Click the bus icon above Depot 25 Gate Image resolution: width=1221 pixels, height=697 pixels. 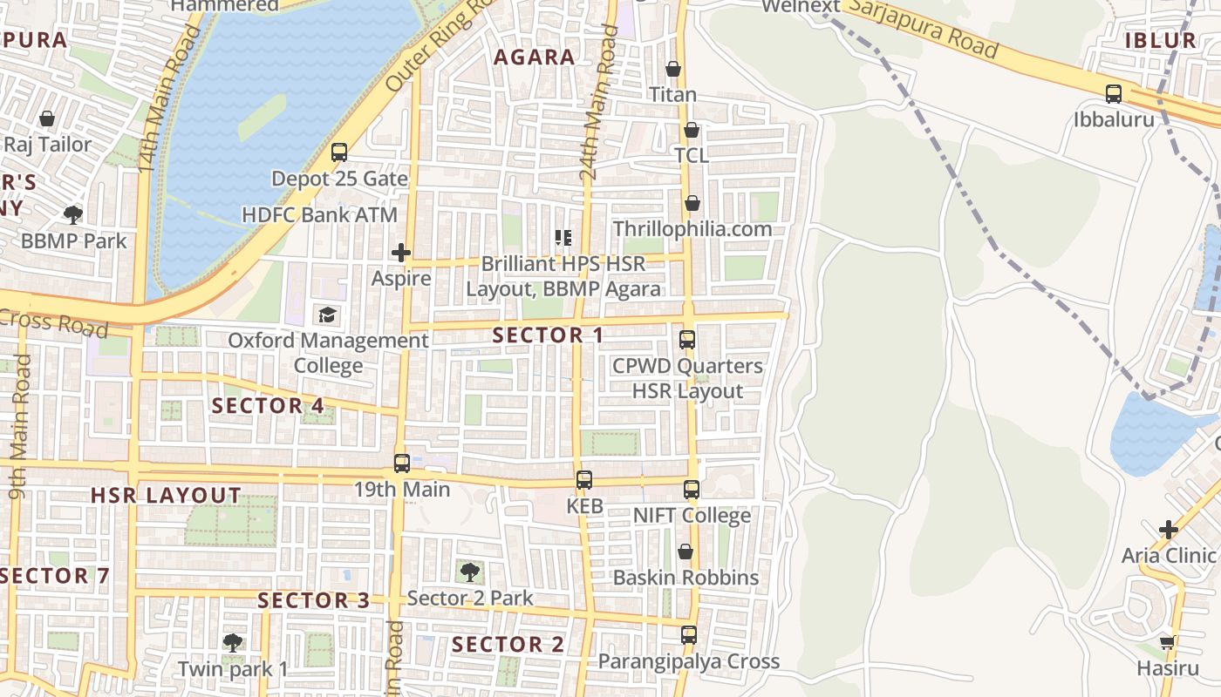tap(339, 152)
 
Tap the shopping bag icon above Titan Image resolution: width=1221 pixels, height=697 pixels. tap(673, 69)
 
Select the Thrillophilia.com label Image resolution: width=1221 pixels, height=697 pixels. tap(692, 229)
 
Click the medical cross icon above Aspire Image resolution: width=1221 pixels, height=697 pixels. tap(401, 254)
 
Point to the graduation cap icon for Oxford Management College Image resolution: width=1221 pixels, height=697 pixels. tap(328, 315)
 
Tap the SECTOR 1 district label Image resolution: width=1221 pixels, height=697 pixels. tap(548, 335)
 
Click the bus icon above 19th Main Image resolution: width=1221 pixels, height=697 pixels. tap(402, 464)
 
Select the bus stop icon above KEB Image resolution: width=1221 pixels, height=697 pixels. tap(584, 480)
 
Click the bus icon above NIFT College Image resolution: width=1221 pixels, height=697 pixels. tap(692, 490)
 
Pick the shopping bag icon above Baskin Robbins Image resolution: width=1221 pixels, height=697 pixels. tap(686, 552)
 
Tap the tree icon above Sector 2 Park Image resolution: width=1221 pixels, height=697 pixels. tap(470, 572)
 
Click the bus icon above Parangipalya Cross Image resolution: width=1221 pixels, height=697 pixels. tap(689, 635)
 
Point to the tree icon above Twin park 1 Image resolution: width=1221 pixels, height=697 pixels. tap(232, 643)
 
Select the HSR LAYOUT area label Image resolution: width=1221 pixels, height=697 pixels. tap(166, 496)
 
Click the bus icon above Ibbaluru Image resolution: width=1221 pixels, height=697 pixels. tap(1114, 94)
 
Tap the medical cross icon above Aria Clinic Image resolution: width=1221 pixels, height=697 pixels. tap(1169, 530)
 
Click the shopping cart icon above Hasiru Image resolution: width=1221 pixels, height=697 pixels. tap(1168, 643)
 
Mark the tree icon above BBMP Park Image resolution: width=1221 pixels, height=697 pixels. tap(74, 214)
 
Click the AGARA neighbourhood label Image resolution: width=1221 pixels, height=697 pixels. tap(535, 58)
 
